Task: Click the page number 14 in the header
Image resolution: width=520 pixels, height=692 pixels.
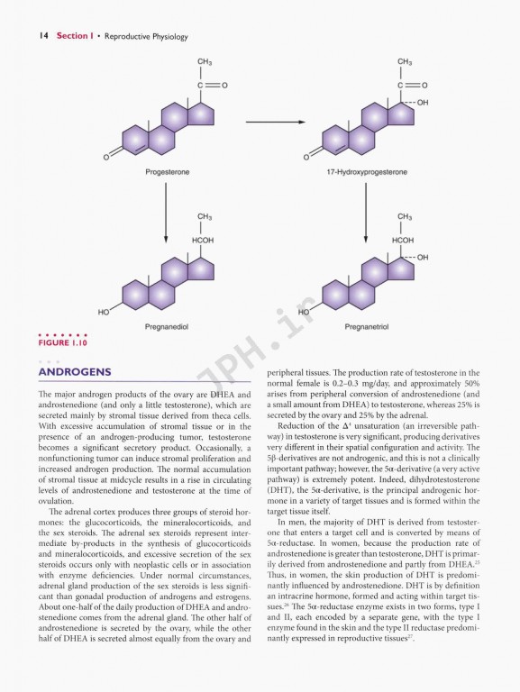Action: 41,36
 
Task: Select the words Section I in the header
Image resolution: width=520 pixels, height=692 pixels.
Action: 81,36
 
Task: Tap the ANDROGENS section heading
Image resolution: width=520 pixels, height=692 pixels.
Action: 74,372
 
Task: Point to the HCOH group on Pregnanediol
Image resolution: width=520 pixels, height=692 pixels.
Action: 203,241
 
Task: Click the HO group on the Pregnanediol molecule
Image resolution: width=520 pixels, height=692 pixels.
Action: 105,312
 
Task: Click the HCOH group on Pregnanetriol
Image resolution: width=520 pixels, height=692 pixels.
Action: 404,241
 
